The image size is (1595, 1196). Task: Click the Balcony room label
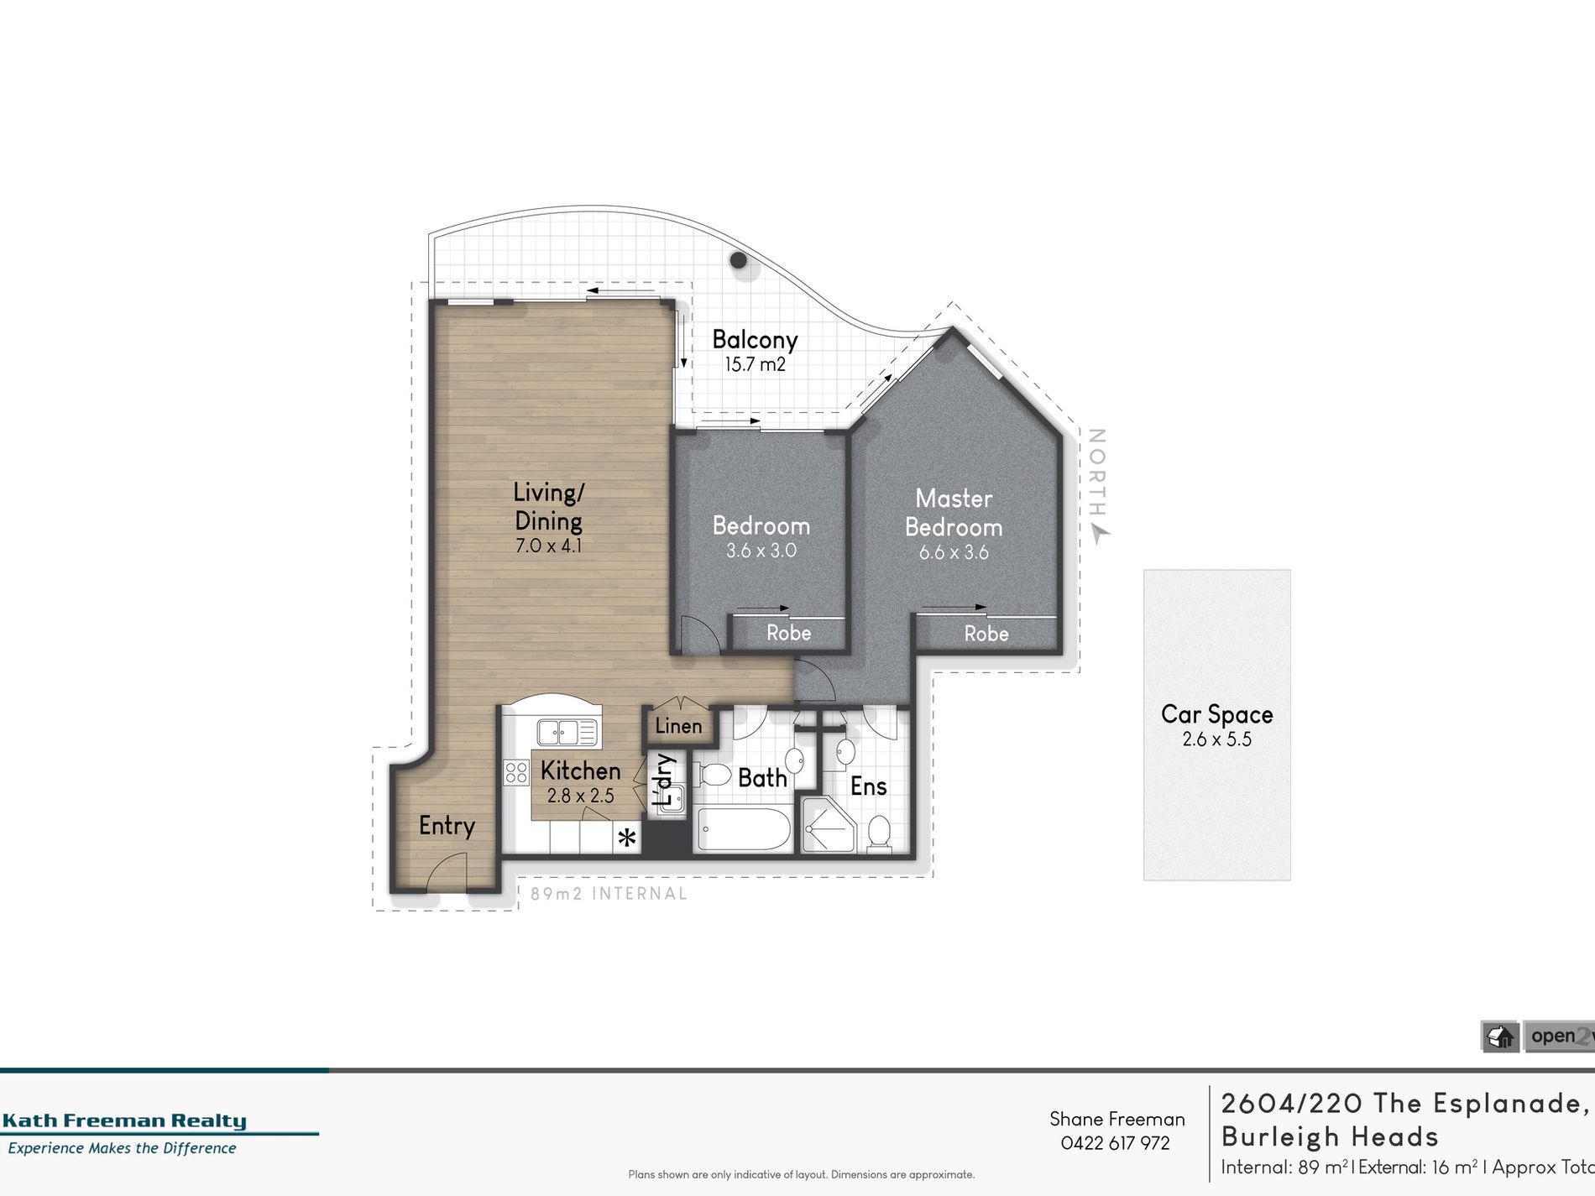pos(755,340)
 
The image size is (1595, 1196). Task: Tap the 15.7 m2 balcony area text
pos(755,364)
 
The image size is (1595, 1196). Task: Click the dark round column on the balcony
pos(739,260)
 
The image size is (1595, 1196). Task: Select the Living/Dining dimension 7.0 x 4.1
pos(548,546)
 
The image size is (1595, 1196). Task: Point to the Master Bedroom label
pos(954,513)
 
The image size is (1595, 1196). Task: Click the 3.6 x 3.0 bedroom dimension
pos(761,551)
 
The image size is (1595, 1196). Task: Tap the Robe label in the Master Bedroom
pos(986,634)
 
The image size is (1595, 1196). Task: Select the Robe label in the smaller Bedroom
pos(788,633)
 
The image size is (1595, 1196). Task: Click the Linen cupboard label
pos(678,726)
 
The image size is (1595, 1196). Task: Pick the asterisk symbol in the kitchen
pos(627,838)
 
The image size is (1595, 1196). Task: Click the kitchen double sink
pos(567,732)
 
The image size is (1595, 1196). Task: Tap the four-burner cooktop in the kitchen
pos(515,772)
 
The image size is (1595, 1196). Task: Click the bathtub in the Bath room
pos(744,830)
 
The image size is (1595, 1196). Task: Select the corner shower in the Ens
pos(827,826)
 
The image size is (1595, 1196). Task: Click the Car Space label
pos(1216,714)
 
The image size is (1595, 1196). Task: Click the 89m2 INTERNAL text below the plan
pos(609,894)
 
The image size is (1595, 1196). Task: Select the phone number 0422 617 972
pos(1115,1143)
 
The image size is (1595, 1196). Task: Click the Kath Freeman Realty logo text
pos(124,1120)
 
